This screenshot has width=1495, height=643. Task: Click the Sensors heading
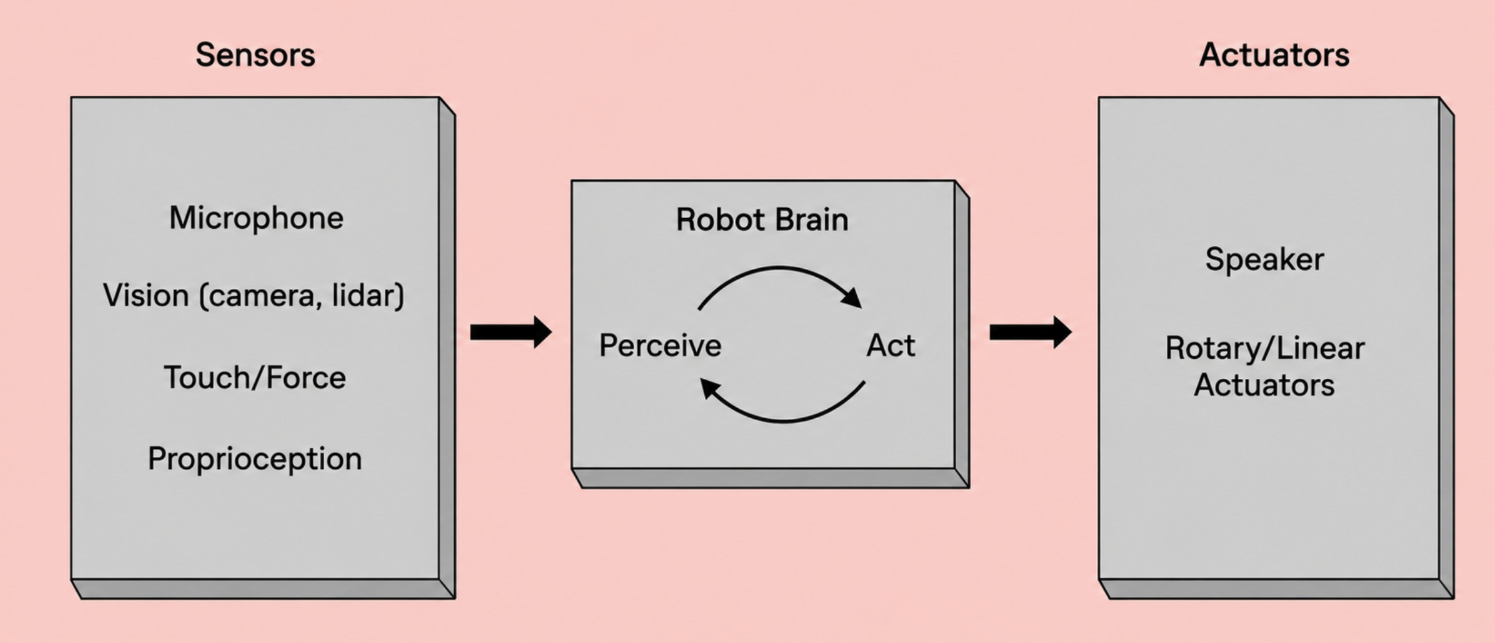click(x=255, y=55)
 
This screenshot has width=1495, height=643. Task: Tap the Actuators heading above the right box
click(x=1274, y=55)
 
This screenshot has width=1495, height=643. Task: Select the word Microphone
click(x=256, y=218)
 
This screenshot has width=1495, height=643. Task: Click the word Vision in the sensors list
click(x=146, y=295)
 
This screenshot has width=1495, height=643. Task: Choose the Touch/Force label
click(x=255, y=378)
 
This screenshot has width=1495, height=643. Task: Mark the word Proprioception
click(x=255, y=460)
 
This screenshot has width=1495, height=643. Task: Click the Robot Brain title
click(x=762, y=219)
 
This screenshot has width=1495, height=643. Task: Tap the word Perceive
click(x=660, y=346)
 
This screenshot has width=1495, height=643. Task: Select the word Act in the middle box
click(x=891, y=346)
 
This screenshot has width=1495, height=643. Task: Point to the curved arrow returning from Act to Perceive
click(x=784, y=421)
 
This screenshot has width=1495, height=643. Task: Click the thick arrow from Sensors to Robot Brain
click(x=511, y=332)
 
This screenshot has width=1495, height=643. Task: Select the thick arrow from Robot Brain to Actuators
click(x=1030, y=332)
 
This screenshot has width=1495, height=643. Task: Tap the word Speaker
click(x=1264, y=259)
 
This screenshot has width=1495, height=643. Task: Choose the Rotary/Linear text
click(x=1265, y=348)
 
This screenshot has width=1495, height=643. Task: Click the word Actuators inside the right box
click(x=1264, y=386)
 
